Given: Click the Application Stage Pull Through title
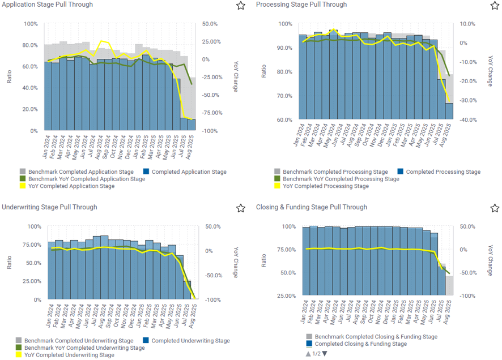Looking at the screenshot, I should pos(48,5).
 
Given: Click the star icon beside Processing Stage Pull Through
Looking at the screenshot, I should pos(494,6).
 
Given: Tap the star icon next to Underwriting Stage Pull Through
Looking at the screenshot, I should pos(240,208).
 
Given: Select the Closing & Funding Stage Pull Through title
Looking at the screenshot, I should pos(311,207).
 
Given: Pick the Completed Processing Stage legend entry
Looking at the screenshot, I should pos(443,172).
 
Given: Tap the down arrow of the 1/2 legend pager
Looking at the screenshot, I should pos(325,354).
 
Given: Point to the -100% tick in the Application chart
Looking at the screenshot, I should pos(210,131).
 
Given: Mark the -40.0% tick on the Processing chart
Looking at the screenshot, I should pos(467,120).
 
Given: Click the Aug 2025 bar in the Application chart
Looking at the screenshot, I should pos(192,125).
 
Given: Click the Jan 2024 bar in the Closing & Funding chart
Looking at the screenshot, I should pos(306,261).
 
